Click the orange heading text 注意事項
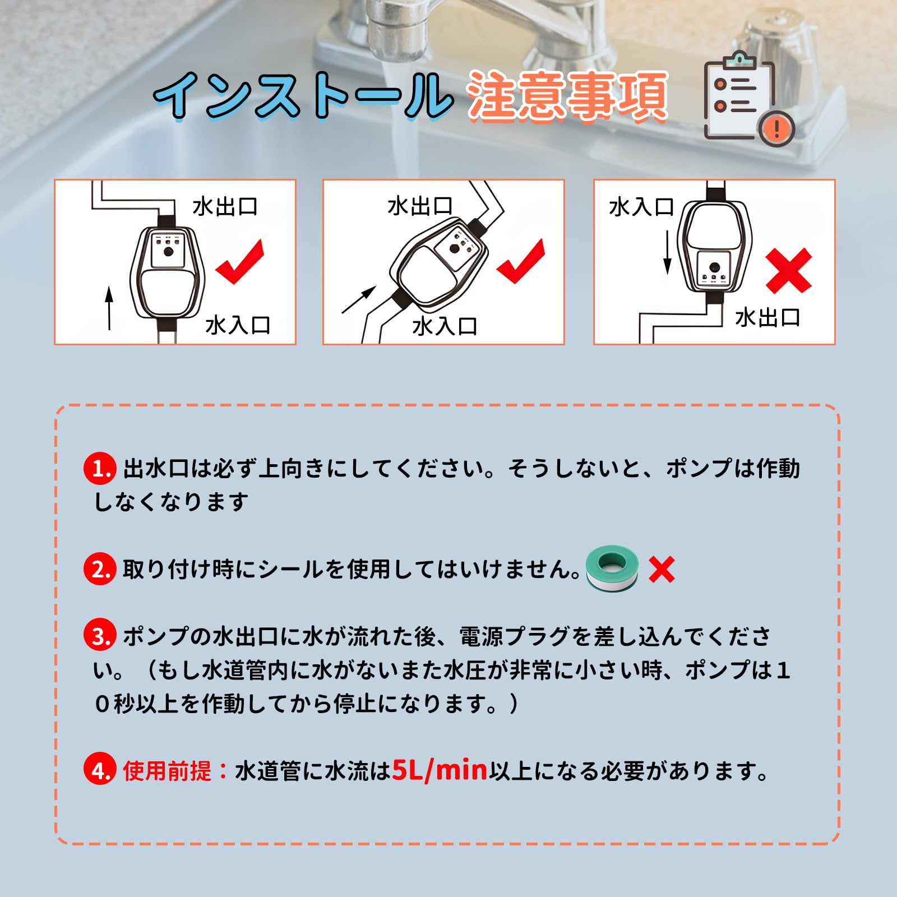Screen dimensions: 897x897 (x=567, y=95)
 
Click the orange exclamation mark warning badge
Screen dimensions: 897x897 (x=777, y=129)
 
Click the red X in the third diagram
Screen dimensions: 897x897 (x=789, y=271)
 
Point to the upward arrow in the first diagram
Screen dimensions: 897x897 (x=109, y=308)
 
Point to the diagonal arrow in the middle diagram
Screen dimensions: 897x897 (x=359, y=300)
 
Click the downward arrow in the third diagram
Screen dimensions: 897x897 (x=667, y=252)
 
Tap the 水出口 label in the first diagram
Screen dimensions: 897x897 (x=225, y=207)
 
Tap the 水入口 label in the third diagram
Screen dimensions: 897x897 (x=641, y=207)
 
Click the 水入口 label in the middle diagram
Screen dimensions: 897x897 (x=445, y=326)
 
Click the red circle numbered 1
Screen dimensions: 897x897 (x=100, y=469)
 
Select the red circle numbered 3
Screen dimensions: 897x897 (x=100, y=636)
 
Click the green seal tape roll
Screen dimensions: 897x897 (x=612, y=568)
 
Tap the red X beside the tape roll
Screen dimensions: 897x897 (x=662, y=570)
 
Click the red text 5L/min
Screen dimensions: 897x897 (x=440, y=770)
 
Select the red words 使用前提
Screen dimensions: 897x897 (x=167, y=771)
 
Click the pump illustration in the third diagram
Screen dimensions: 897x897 (x=714, y=247)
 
